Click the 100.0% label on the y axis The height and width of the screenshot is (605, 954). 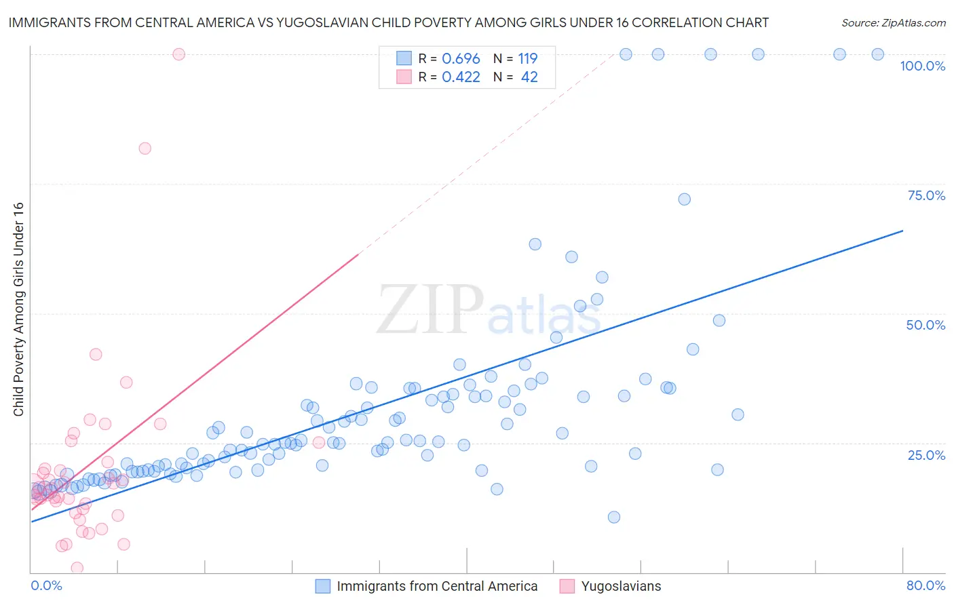(x=922, y=66)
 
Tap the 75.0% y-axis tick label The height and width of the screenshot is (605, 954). (x=926, y=195)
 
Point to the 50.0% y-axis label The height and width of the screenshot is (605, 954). (x=926, y=325)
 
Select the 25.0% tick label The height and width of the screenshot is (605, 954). (x=926, y=454)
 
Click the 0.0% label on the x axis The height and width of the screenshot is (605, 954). (x=46, y=585)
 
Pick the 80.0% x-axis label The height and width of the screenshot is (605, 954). (x=926, y=585)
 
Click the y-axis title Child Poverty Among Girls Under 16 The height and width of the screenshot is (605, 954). (x=18, y=309)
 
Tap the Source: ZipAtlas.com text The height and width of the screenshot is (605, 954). (x=893, y=23)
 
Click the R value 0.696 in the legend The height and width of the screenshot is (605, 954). (x=461, y=58)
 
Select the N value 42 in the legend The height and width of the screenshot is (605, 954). (x=529, y=77)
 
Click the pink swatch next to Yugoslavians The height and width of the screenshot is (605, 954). (x=567, y=586)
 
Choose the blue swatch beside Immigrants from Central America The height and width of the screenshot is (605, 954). (x=323, y=586)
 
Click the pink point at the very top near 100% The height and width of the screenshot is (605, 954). (x=179, y=54)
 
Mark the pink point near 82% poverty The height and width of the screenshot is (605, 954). (x=145, y=149)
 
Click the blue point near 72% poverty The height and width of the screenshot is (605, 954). (x=684, y=199)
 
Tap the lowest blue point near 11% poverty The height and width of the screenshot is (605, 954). (x=614, y=517)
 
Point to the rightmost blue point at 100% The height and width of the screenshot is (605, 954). (x=877, y=54)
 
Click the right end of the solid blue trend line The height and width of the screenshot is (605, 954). (x=902, y=231)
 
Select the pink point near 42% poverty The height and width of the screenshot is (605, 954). (x=96, y=354)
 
